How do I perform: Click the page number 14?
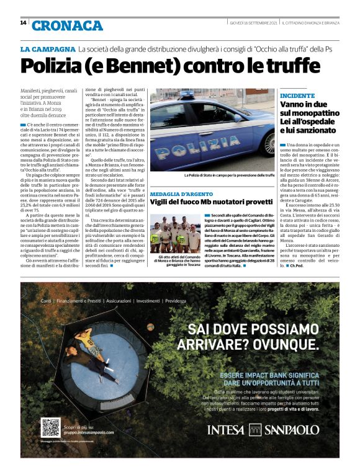coord(23,24)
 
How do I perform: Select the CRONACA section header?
coord(67,25)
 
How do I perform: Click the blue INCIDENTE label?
coord(297,96)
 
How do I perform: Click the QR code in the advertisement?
coord(50,427)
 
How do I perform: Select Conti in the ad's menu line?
coord(46,301)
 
